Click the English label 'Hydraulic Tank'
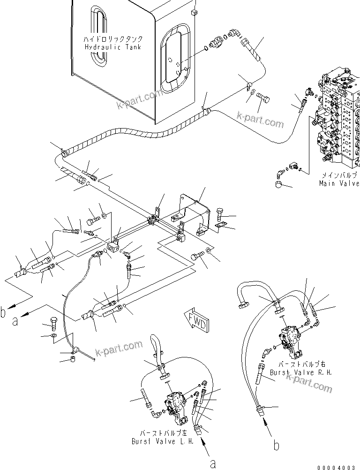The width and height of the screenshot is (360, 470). click(x=112, y=47)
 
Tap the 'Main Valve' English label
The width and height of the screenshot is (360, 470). click(x=339, y=183)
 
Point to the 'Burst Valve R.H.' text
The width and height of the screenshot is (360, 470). click(x=300, y=372)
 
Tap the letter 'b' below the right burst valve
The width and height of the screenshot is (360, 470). click(x=277, y=445)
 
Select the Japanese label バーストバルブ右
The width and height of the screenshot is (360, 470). click(x=300, y=364)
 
